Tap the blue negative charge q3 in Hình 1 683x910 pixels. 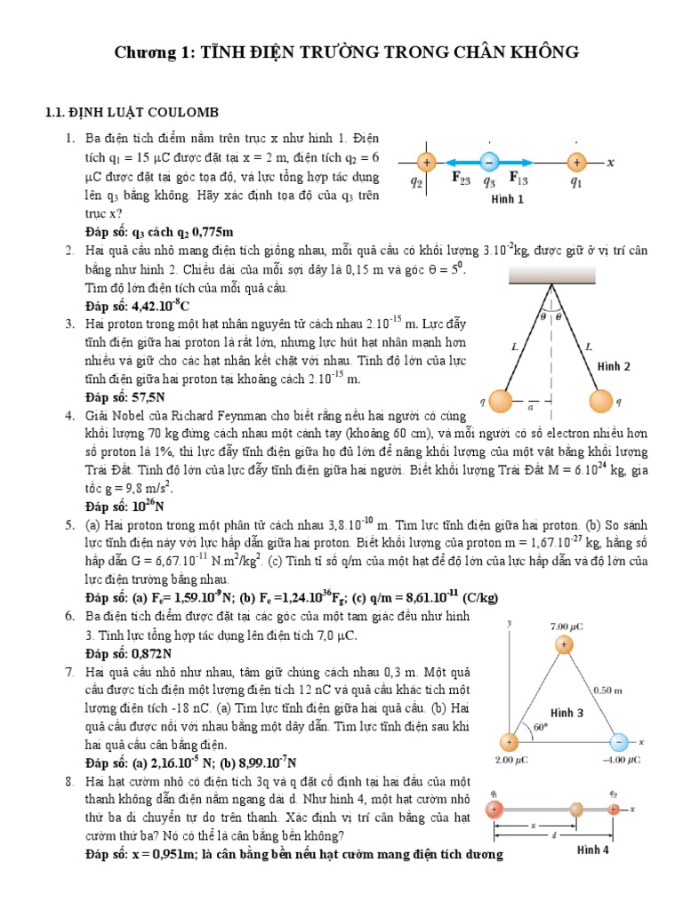click(x=488, y=163)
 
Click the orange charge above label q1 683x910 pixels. click(x=576, y=163)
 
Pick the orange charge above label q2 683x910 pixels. click(x=426, y=163)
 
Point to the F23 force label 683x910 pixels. click(x=462, y=180)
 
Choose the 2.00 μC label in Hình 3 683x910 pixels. click(x=512, y=761)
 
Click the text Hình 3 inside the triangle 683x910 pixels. click(x=566, y=713)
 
